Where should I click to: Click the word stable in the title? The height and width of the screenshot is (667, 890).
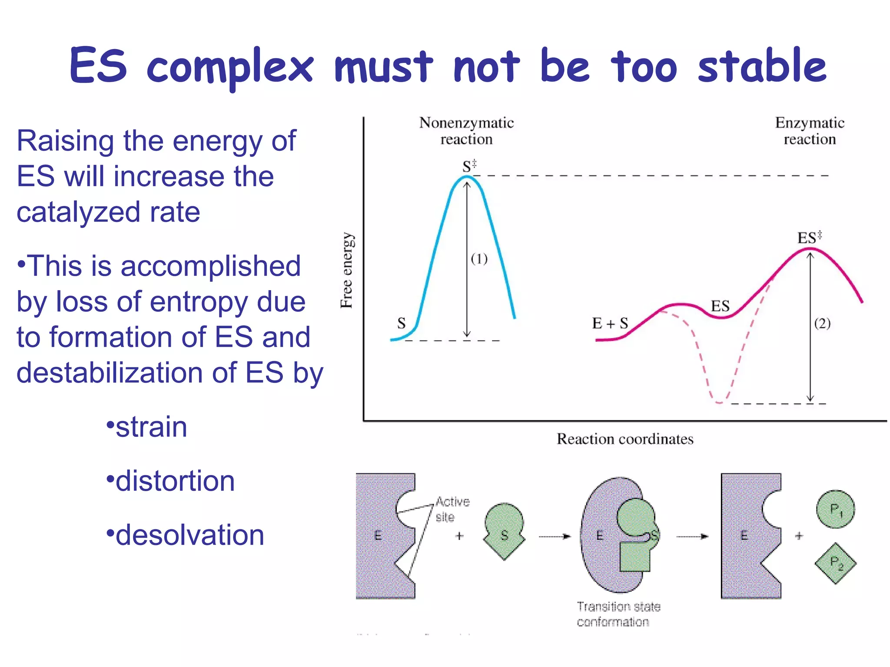point(761,66)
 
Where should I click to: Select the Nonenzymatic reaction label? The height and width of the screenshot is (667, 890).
point(466,131)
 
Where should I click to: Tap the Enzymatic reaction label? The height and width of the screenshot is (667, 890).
point(809,131)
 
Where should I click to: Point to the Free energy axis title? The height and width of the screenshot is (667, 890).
point(347,270)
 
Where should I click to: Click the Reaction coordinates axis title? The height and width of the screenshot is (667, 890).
point(625,439)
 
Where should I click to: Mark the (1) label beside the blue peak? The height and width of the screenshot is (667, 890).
point(479,259)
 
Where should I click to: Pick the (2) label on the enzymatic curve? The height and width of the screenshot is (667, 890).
point(822,323)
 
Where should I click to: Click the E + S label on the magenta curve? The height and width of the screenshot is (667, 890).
point(610,323)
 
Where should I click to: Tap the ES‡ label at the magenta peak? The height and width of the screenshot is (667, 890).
point(809,238)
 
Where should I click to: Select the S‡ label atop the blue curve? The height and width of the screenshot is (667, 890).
point(469,166)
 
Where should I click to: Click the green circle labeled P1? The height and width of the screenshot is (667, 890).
point(835,509)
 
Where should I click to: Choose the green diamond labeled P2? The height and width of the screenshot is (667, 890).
point(835,563)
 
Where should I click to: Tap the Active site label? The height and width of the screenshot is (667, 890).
point(452,509)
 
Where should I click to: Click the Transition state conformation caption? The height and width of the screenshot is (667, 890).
point(618,614)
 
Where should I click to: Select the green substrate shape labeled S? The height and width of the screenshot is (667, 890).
point(504,531)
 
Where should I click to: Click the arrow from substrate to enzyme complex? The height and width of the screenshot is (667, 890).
point(554,537)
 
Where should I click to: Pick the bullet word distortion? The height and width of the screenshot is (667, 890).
point(175,481)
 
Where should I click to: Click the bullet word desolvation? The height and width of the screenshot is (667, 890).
point(189,535)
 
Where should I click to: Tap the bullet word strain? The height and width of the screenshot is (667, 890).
point(151,427)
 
